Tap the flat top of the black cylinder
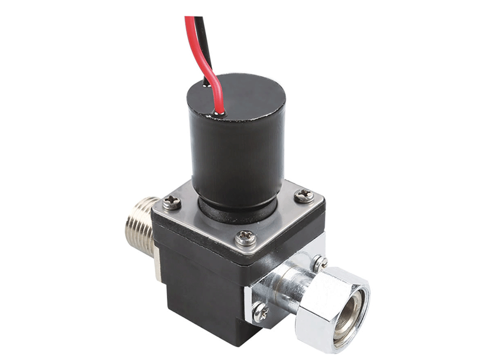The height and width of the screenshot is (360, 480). (x=249, y=98)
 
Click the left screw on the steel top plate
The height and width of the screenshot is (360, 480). (x=172, y=202)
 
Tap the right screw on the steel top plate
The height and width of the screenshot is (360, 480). (x=304, y=196)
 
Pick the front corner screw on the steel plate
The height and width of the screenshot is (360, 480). (x=246, y=238)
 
